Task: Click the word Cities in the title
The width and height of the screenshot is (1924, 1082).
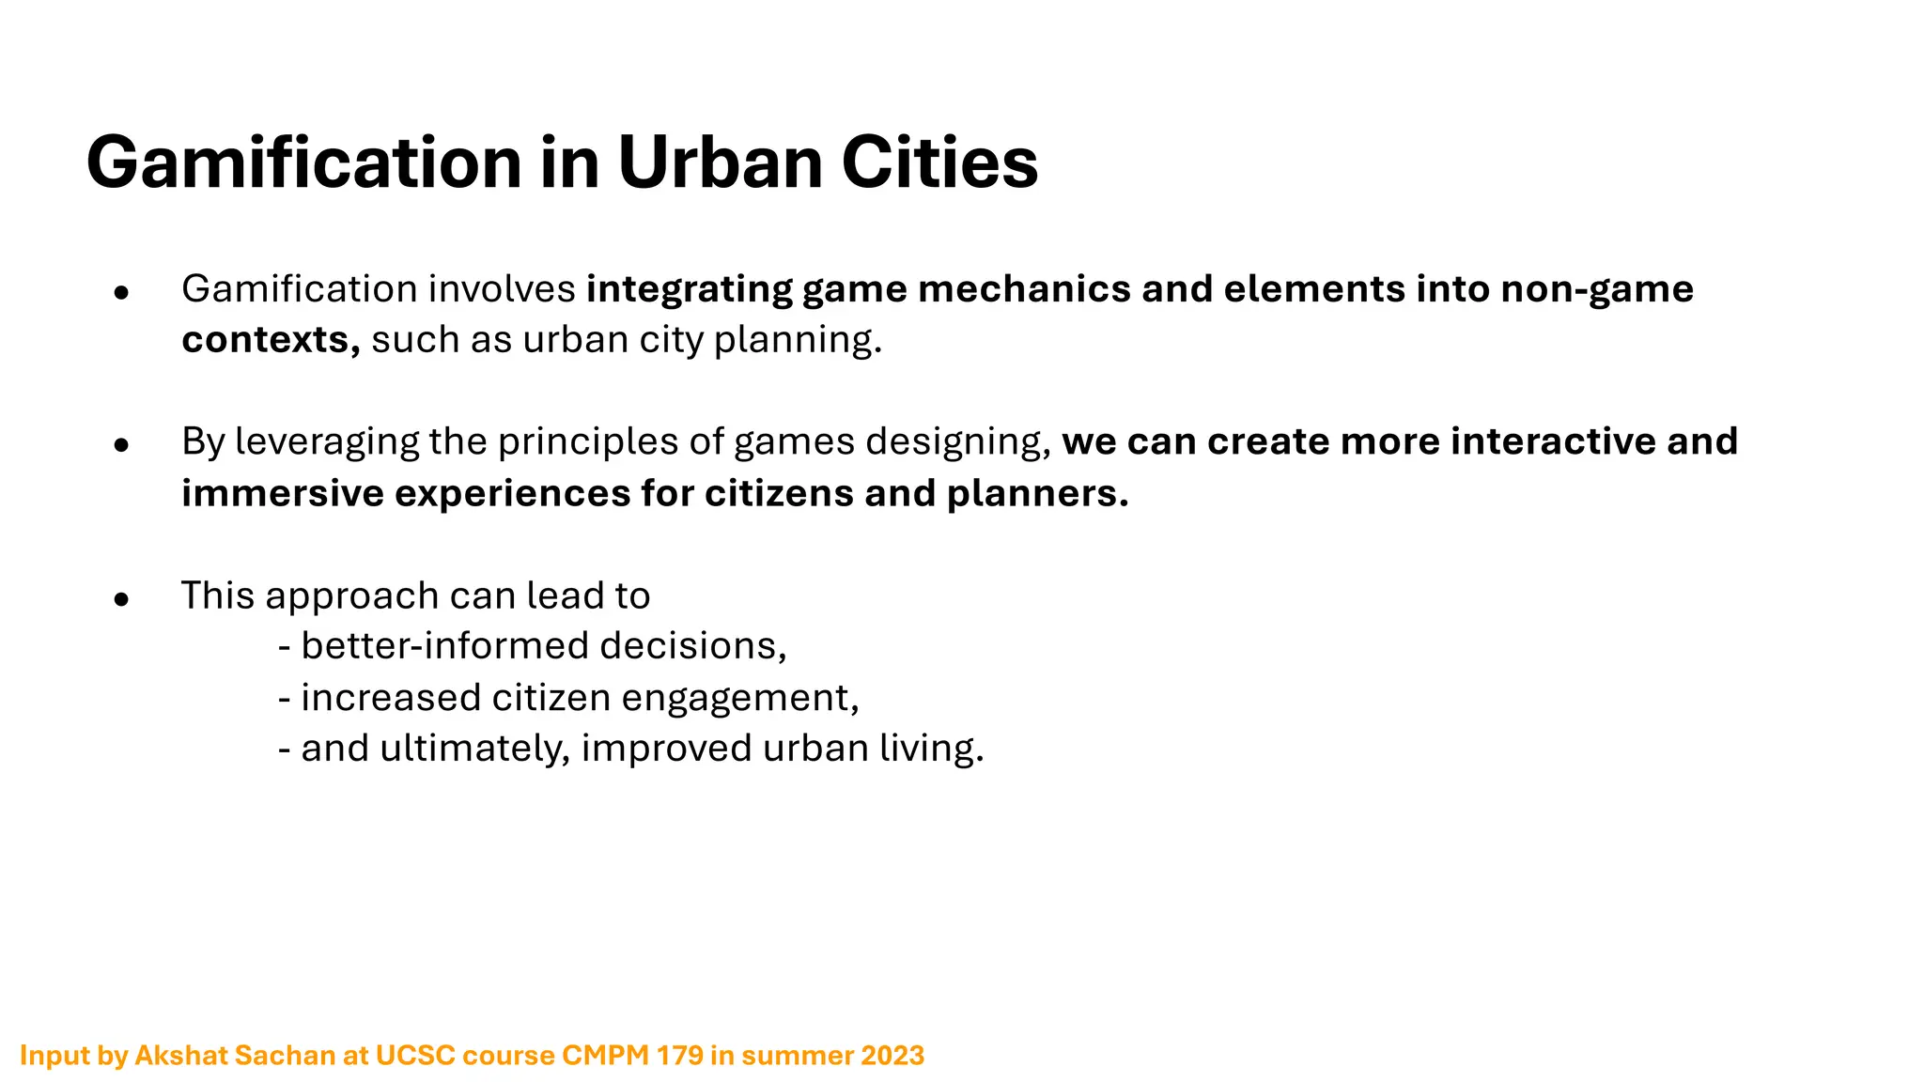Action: (x=939, y=162)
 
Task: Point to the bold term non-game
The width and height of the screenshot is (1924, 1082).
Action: (x=1597, y=288)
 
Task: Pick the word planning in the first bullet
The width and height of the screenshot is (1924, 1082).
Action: (x=798, y=340)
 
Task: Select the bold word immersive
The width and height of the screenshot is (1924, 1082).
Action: (x=283, y=493)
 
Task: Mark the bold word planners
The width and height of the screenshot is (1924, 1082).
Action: (x=1037, y=494)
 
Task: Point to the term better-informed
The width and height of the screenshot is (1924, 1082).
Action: (x=445, y=646)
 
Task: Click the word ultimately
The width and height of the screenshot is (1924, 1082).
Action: (x=474, y=749)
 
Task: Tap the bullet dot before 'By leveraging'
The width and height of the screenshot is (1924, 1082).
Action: (x=120, y=445)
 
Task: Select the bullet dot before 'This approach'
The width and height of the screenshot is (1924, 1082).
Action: (x=120, y=599)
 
